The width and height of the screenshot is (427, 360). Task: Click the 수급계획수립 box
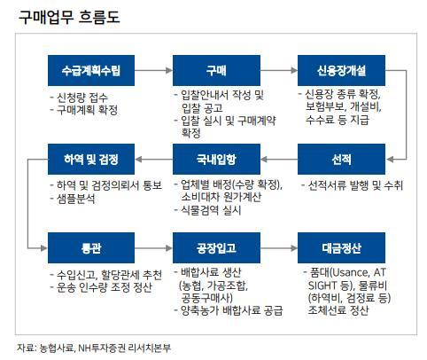click(91, 70)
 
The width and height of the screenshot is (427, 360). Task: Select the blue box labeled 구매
click(216, 70)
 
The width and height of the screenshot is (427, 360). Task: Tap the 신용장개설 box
click(341, 70)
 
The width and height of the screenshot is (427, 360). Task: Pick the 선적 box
click(341, 159)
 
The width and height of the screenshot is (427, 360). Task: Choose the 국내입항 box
click(216, 159)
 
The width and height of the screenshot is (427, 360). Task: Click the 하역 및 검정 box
click(91, 159)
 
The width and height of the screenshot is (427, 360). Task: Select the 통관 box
click(91, 247)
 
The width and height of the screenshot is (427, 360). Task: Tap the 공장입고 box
click(216, 247)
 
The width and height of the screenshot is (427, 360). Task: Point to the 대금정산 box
click(341, 247)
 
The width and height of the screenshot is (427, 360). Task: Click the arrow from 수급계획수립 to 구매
click(153, 70)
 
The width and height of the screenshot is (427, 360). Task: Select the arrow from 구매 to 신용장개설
click(279, 70)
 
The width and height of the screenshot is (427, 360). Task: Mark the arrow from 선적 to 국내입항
click(279, 160)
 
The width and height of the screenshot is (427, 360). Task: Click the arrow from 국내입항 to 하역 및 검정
click(153, 160)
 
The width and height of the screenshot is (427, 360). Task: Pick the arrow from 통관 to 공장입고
click(153, 248)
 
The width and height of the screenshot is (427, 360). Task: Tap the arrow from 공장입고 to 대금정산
click(279, 248)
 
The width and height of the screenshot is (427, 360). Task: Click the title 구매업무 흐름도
click(69, 17)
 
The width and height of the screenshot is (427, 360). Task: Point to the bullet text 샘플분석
click(76, 199)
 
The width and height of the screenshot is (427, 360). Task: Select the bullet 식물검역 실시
click(211, 210)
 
